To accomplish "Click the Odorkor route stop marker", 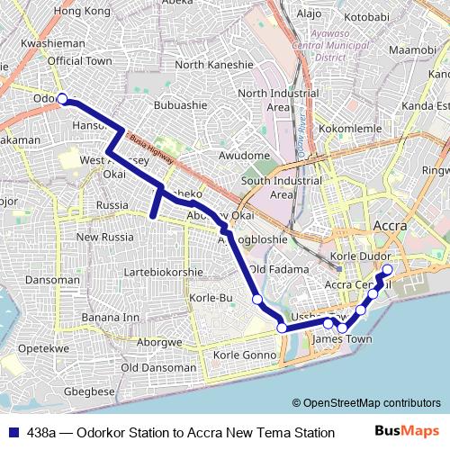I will coord(62,99).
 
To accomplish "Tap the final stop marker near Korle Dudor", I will coord(388,269).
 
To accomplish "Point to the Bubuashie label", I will coord(179,105).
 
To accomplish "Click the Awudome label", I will coord(244,156).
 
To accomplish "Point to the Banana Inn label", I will coord(111,317).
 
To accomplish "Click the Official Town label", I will coord(79,60).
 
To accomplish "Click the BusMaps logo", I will coord(407,432).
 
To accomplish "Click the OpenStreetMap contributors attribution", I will coord(366,402).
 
